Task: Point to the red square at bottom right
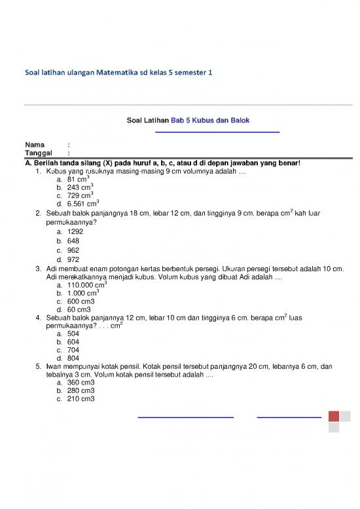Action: tap(333, 416)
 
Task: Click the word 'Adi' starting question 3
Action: tap(52, 269)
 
